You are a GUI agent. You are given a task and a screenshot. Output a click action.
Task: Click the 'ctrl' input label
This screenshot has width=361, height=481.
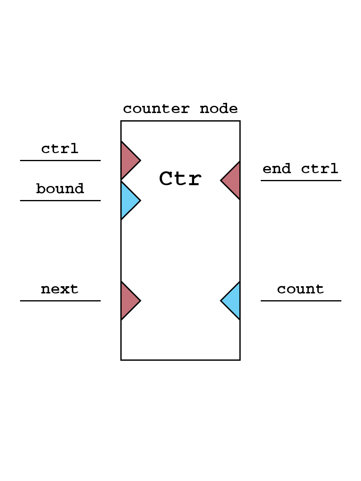(x=60, y=149)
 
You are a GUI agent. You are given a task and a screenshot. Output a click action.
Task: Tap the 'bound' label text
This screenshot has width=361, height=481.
(x=60, y=189)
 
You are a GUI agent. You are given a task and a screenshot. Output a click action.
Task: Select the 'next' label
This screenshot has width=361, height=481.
(x=60, y=289)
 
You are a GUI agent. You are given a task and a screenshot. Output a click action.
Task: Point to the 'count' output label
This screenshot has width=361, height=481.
(x=300, y=289)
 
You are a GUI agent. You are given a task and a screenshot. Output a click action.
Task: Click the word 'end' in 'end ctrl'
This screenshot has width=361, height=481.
(x=277, y=169)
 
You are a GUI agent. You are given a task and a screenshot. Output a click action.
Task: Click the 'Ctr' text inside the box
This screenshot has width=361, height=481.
(x=180, y=179)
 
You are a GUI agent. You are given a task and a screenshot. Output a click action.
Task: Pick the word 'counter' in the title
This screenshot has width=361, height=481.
(x=156, y=109)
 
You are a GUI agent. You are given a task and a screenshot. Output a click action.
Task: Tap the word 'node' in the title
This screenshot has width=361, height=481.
(x=219, y=109)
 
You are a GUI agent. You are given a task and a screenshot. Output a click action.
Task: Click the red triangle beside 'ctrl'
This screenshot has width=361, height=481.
(x=128, y=160)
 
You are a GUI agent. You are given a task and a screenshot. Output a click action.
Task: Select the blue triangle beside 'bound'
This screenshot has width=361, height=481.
(x=128, y=200)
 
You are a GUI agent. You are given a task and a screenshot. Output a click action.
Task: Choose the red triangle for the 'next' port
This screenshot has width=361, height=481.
(x=128, y=301)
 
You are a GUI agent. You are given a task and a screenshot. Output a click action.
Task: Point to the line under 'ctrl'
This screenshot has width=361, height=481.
(x=60, y=160)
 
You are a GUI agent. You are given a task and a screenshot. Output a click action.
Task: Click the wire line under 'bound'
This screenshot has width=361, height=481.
(x=60, y=200)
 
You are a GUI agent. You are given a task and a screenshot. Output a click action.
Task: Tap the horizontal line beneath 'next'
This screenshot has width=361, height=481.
(x=60, y=301)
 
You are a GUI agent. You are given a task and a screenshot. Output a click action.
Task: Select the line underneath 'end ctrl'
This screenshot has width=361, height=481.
(x=301, y=180)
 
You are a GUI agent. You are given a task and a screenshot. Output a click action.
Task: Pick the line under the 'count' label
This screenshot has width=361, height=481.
(x=301, y=301)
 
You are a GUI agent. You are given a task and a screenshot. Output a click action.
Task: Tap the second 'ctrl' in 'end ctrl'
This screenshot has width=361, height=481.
(x=320, y=169)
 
